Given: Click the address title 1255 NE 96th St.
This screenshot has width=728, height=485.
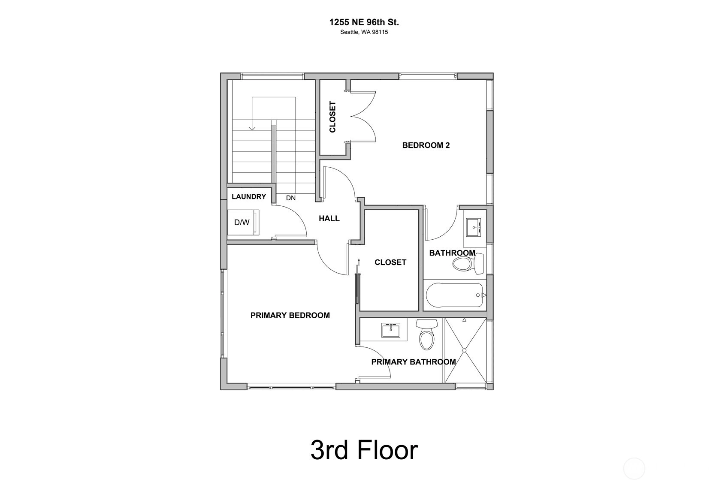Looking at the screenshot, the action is click(x=364, y=22).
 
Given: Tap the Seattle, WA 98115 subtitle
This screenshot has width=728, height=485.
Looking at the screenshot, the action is click(x=364, y=32).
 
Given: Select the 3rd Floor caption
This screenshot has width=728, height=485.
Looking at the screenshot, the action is click(x=364, y=450).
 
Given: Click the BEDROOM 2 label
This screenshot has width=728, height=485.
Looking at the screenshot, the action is click(x=426, y=145).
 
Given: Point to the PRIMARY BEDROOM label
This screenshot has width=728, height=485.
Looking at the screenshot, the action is click(x=290, y=316).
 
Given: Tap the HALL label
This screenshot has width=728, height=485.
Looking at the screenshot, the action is click(x=329, y=219).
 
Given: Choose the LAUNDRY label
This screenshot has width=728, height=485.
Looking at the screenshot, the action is click(x=249, y=196).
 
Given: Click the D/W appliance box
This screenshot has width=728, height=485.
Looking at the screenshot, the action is click(x=243, y=222).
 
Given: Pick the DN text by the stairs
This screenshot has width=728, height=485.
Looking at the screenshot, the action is click(x=290, y=198).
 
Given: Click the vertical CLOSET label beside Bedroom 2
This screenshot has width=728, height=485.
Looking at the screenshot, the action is click(x=332, y=117).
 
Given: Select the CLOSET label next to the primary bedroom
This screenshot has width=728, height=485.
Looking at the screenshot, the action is click(x=390, y=262).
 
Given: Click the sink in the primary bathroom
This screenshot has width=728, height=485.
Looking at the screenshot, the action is click(x=391, y=330).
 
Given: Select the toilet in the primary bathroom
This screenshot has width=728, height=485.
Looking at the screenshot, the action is click(x=426, y=334).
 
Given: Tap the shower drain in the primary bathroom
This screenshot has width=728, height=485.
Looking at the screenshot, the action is click(x=465, y=350).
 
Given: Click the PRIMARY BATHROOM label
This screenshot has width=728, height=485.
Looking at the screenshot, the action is click(x=414, y=362).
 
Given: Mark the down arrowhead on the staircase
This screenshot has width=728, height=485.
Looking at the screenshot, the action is click(x=252, y=128).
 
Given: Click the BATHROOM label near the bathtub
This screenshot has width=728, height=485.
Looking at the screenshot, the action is click(x=452, y=253).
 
